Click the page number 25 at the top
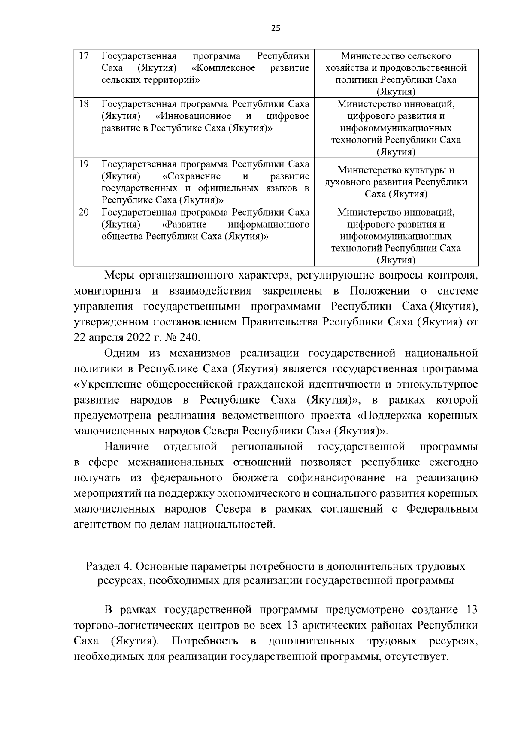276,28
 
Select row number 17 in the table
85,56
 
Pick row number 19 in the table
85,164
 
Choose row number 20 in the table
85,213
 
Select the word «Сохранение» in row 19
192,176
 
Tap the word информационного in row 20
269,225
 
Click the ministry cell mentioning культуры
396,182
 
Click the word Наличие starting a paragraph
127,447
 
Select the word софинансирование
347,478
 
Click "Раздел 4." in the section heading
108,566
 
